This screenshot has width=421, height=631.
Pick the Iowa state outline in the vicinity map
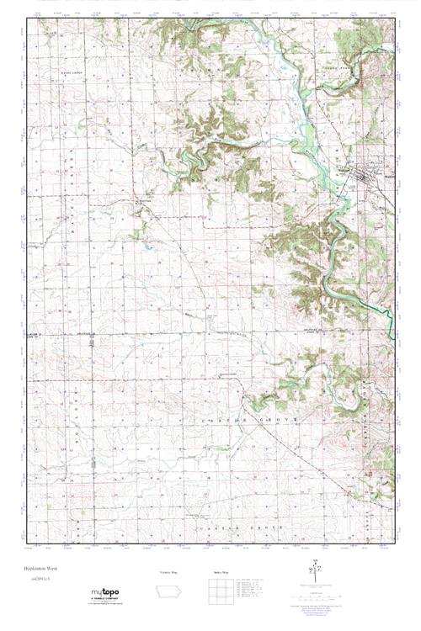click(x=168, y=591)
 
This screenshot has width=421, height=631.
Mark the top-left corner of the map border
click(x=27, y=19)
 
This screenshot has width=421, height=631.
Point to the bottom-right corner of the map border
click(x=394, y=544)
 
